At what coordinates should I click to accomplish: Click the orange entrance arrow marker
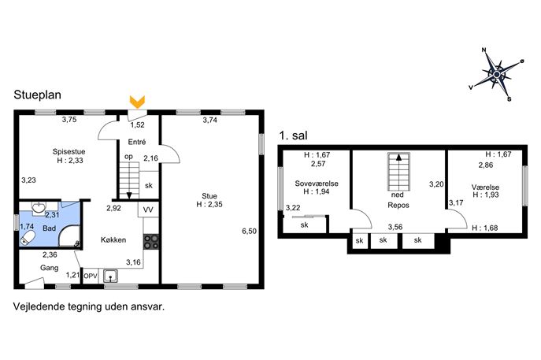click(x=137, y=102)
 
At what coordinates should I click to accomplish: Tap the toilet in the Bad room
click(x=28, y=238)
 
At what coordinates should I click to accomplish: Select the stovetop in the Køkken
click(x=151, y=241)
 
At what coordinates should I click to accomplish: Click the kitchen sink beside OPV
click(x=110, y=276)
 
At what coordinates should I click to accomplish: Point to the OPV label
click(x=91, y=276)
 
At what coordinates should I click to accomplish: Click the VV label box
click(x=148, y=210)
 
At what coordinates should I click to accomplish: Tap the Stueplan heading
click(x=37, y=95)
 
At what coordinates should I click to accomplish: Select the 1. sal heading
click(x=293, y=135)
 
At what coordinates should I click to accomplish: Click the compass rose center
click(x=496, y=74)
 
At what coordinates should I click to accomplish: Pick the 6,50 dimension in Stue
click(x=249, y=231)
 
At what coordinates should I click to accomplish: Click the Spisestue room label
click(x=69, y=151)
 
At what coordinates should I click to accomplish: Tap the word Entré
click(x=137, y=142)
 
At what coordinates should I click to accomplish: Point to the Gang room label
click(x=49, y=268)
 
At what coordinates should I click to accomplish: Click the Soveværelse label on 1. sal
click(x=317, y=184)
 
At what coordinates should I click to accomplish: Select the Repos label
click(x=398, y=205)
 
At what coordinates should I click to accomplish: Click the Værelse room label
click(x=485, y=187)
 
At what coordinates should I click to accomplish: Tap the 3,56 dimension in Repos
click(x=395, y=227)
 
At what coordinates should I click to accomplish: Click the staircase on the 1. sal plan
click(x=398, y=172)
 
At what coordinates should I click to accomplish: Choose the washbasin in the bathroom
click(x=38, y=207)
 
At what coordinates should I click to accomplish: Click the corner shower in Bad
click(x=69, y=236)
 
